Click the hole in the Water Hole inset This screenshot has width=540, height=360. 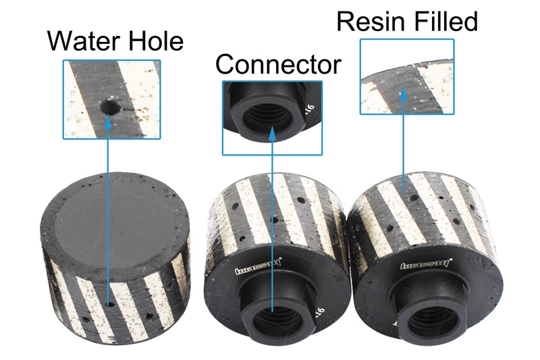point(108,106)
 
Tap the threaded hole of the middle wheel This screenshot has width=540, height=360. point(271,317)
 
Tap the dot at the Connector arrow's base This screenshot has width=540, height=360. point(272,311)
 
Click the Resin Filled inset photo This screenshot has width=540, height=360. point(406,76)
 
